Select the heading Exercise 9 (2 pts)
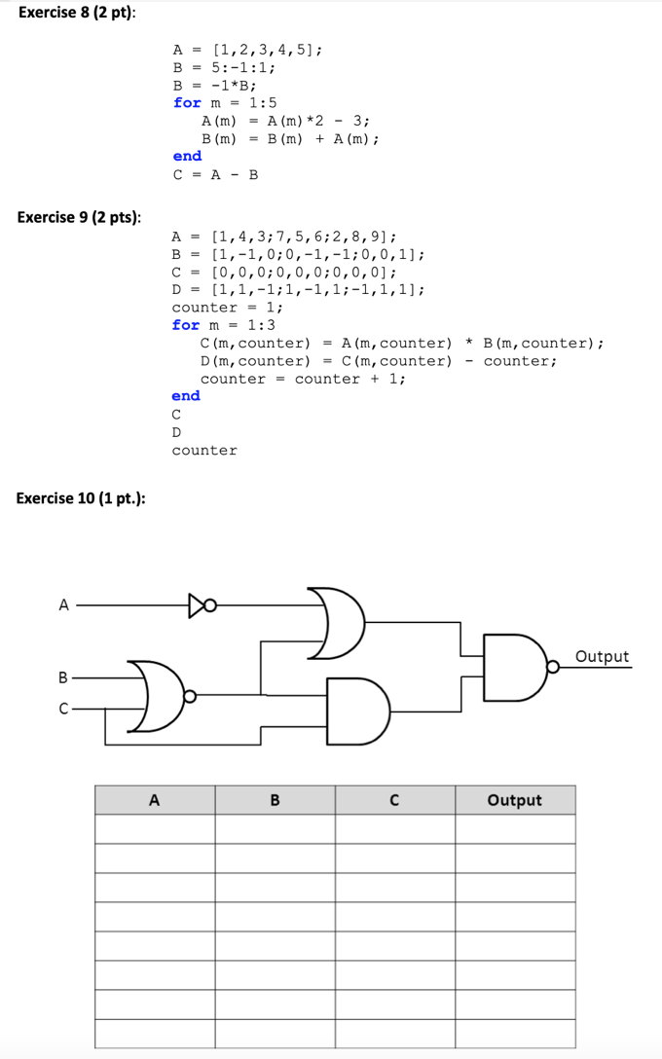(79, 216)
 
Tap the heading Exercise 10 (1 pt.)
(82, 498)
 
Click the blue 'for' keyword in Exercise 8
(187, 102)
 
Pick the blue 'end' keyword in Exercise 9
(186, 396)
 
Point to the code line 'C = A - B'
(215, 175)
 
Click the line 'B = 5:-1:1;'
(224, 67)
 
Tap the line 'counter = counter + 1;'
(302, 379)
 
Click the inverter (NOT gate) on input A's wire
(200, 605)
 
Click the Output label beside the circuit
(602, 656)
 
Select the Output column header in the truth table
(514, 800)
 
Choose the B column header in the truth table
(275, 800)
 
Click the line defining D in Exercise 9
(298, 289)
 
